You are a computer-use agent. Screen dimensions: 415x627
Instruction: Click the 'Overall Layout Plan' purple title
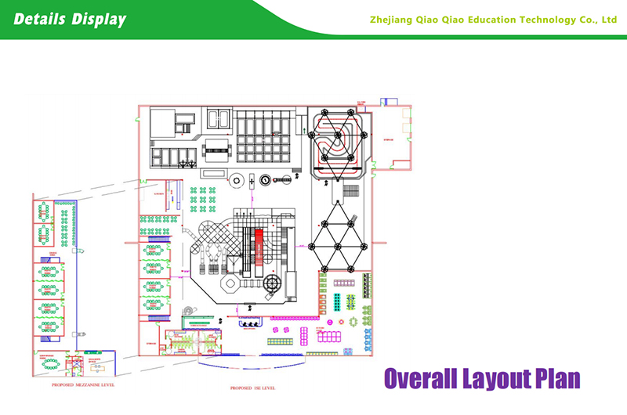point(482,378)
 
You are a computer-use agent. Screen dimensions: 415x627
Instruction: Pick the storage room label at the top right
point(390,140)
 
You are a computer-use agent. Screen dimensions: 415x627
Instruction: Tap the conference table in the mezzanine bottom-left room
point(52,364)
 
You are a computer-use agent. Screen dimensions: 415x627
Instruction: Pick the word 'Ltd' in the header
point(608,20)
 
